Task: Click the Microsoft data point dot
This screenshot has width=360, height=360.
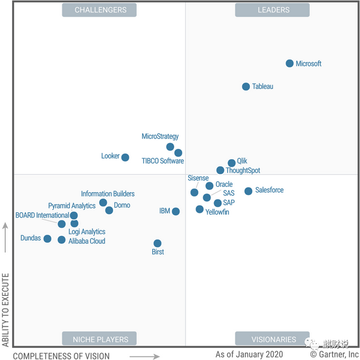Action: click(x=290, y=63)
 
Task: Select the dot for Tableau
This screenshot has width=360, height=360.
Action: click(x=246, y=87)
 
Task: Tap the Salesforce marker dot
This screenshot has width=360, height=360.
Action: click(x=248, y=191)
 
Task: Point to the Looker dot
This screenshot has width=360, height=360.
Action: click(x=125, y=157)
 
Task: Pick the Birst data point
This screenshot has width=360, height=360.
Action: click(x=157, y=243)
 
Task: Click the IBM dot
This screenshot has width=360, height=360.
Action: click(x=175, y=212)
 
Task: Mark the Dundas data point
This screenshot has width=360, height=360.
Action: click(x=47, y=239)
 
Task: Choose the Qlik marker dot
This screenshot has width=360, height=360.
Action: click(x=231, y=163)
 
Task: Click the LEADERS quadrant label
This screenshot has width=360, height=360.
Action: click(x=272, y=10)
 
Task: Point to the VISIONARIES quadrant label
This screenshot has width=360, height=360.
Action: click(x=272, y=339)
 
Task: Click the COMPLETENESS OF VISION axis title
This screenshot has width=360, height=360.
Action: click(x=61, y=356)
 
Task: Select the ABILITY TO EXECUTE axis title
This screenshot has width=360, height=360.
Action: click(x=6, y=310)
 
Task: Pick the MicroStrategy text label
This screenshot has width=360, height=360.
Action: click(x=160, y=137)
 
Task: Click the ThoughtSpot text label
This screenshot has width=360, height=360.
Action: click(x=243, y=171)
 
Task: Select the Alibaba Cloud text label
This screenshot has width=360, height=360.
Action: click(x=87, y=241)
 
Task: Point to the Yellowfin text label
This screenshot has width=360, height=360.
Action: click(x=217, y=212)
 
